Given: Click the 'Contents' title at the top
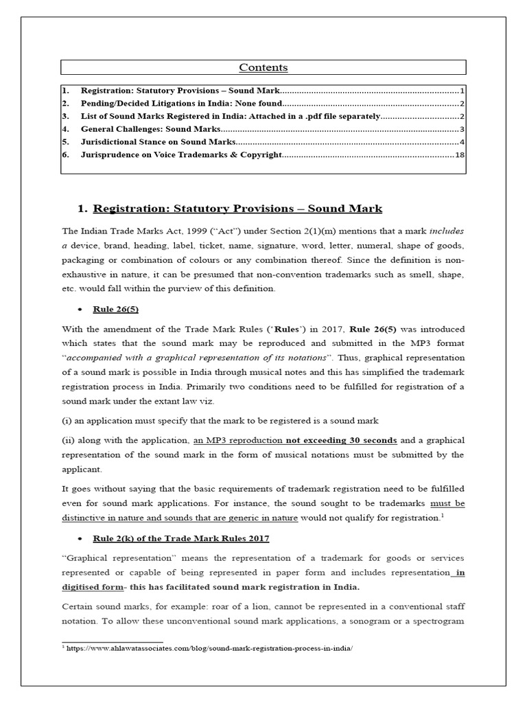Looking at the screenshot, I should [263, 67].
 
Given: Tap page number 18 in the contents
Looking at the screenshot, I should [460, 155].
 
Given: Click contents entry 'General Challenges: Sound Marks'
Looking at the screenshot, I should [151, 129].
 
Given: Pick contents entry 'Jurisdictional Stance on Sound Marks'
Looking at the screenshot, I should [159, 142].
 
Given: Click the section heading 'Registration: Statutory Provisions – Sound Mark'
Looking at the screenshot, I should [237, 209].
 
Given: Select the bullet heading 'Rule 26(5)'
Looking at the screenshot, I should [114, 309].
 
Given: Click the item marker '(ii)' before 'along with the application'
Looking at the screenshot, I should [68, 440].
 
